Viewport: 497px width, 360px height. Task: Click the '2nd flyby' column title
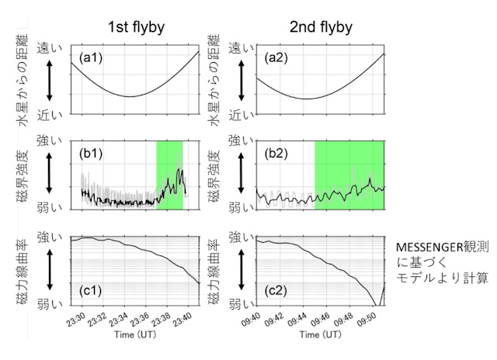pyautogui.click(x=321, y=28)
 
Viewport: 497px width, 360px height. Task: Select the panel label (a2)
pyautogui.click(x=276, y=57)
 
